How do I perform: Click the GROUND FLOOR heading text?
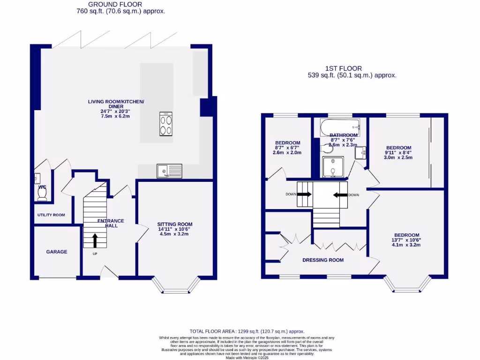coord(121,4)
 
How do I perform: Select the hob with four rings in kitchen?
coord(166,125)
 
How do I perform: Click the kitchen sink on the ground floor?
coord(169,172)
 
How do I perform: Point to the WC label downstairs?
coord(42,187)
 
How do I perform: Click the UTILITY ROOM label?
coord(51,215)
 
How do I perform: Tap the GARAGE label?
coord(57,252)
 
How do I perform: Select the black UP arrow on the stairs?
coord(95,240)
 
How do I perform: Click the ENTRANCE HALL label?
coord(111,223)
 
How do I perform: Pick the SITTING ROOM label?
coord(174,225)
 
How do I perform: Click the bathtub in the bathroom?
coord(340,127)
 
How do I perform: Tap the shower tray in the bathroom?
coord(333,167)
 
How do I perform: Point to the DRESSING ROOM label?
coord(322,260)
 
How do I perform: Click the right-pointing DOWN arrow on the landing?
coord(304,195)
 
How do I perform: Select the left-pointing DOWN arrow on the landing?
coord(340,195)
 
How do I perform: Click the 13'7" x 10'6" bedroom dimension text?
coord(406,240)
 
